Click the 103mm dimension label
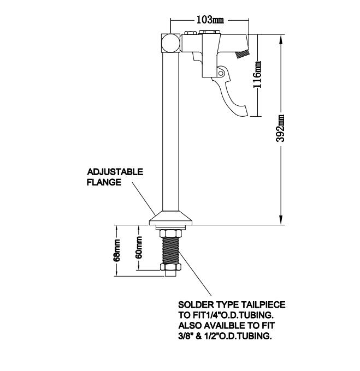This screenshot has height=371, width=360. coord(210,20)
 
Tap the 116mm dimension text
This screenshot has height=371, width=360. coord(257,75)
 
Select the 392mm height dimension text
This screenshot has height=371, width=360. coord(280,128)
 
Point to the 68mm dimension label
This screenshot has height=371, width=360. coord(116,250)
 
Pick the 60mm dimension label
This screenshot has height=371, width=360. coord(139,247)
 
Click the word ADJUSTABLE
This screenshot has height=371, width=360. coord(115,172)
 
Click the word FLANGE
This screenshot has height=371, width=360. coord(104,182)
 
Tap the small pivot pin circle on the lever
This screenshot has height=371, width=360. coord(221,73)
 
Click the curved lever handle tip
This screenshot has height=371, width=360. coord(243,113)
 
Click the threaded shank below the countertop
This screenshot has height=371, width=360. coord(170,251)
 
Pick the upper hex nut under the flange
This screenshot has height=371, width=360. coord(170,234)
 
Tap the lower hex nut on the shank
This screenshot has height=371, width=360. coord(170,267)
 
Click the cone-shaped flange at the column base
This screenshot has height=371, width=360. coord(170,218)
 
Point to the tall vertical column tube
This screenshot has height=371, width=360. coord(170,131)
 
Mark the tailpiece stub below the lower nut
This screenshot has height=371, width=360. coord(170,273)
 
